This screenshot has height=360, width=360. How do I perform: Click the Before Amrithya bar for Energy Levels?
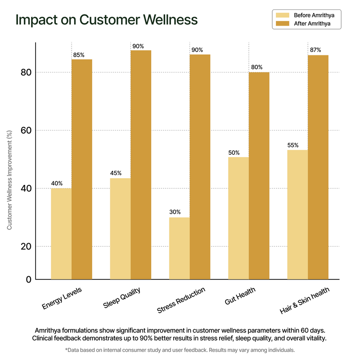click(61, 234)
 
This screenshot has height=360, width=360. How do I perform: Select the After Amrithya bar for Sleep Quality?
click(141, 164)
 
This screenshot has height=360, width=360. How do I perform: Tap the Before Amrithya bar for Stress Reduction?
click(179, 248)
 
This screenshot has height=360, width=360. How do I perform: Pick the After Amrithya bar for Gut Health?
click(259, 175)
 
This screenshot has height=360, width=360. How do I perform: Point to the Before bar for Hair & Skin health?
click(297, 214)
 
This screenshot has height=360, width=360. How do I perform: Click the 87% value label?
click(315, 50)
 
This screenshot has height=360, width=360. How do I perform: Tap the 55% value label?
click(293, 145)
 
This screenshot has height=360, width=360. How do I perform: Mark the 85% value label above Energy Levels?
click(78, 54)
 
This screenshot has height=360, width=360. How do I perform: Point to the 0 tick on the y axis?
click(28, 279)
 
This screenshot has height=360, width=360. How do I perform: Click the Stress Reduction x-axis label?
click(181, 301)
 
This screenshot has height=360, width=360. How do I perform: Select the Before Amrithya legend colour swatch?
click(281, 15)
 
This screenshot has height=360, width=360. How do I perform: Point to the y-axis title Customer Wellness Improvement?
click(9, 180)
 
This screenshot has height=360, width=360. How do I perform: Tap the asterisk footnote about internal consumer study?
click(180, 349)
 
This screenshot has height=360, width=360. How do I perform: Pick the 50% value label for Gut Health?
click(234, 152)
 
